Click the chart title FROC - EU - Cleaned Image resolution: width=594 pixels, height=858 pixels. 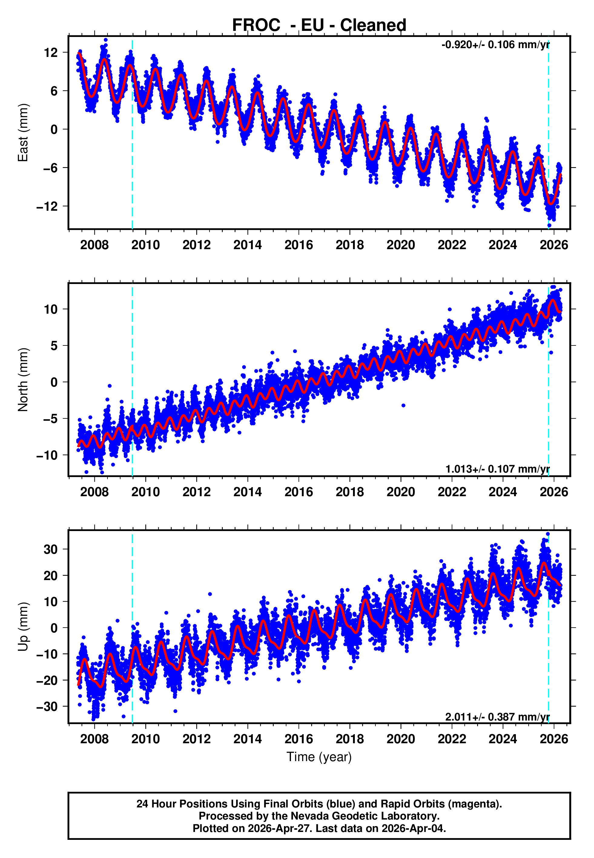pos(319,25)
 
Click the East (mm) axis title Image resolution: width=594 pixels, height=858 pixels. pos(23,133)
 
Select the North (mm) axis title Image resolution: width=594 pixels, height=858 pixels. pos(23,380)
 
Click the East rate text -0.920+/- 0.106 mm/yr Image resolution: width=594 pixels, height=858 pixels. pos(495,45)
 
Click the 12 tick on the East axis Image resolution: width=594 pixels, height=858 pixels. pos(51,52)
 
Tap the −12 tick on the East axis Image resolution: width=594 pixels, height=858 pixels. pos(47,206)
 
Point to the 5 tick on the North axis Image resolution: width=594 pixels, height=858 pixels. pos(54,346)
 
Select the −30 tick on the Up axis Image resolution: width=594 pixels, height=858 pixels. pos(47,707)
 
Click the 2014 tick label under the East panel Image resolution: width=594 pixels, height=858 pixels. pos(248,245)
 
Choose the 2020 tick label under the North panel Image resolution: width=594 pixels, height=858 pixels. pos(401,492)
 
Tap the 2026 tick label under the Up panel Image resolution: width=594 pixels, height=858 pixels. pos(554,739)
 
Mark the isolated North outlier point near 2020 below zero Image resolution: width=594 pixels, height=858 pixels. pos(404,406)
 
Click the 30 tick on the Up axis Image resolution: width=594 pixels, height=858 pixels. pos(51,549)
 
